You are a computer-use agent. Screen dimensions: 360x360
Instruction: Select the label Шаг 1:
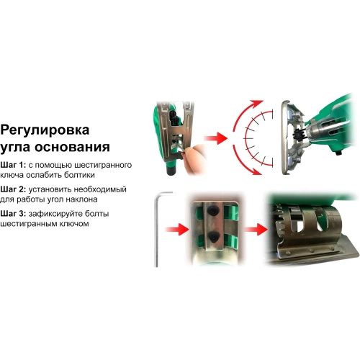coord(14,165)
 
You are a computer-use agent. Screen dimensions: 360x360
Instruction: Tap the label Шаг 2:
coord(14,189)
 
